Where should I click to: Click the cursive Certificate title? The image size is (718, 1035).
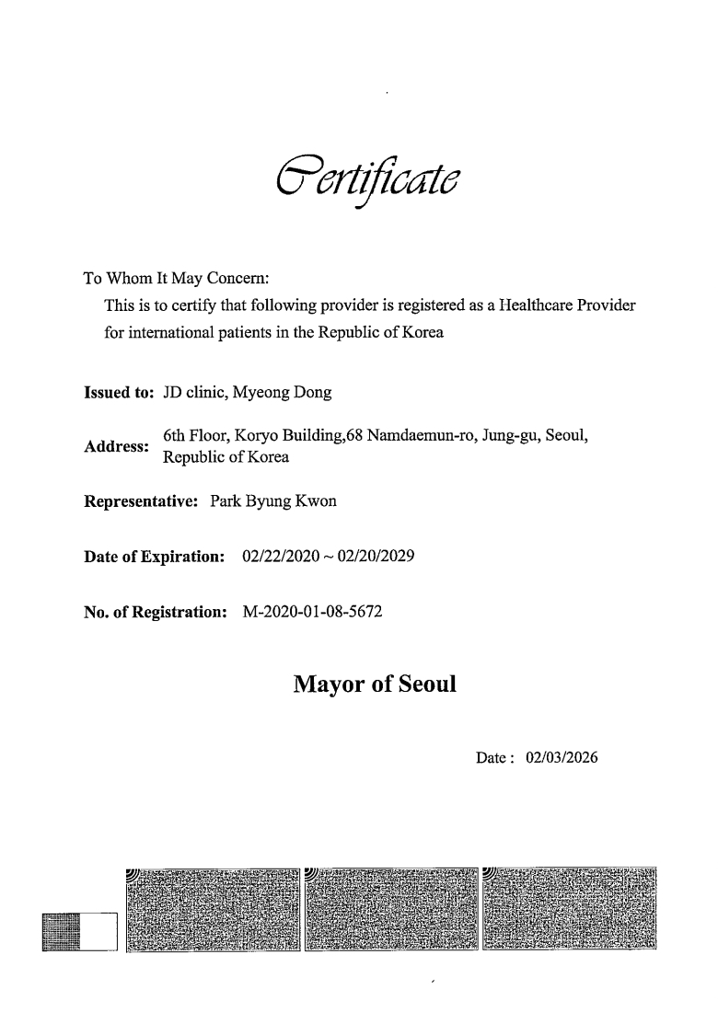point(368,178)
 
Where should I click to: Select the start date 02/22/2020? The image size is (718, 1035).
point(280,557)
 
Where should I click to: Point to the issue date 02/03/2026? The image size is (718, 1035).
point(562,759)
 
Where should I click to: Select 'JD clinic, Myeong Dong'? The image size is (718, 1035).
point(247,394)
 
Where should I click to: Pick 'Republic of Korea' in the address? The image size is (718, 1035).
point(226,457)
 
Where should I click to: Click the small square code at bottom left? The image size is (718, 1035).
point(62,932)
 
